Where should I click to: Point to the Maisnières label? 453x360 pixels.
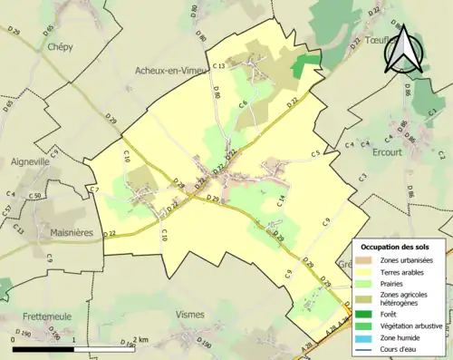tap(72, 232)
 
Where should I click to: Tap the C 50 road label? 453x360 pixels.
tap(35, 196)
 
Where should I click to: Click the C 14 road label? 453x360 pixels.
tap(282, 200)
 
